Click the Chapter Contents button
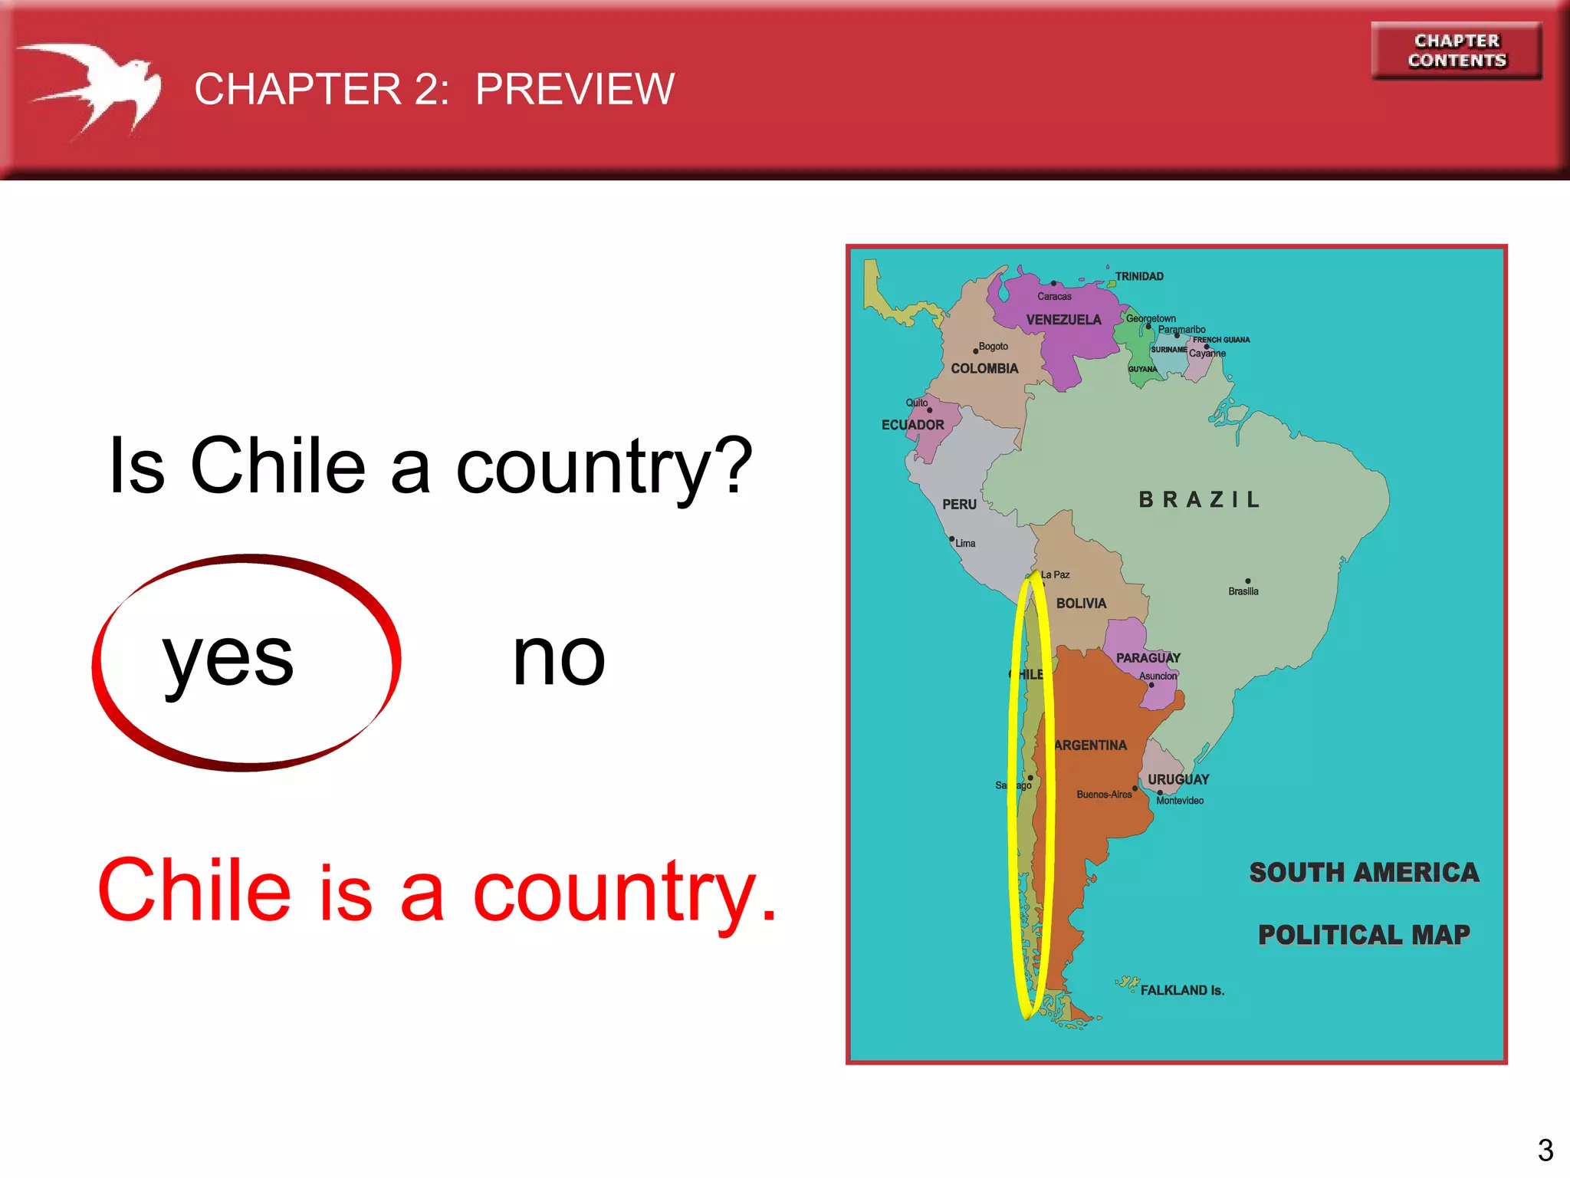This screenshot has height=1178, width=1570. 1457,51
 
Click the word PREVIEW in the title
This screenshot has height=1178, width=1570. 574,89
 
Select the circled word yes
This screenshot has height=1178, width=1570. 228,658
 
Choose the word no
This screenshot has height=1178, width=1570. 559,658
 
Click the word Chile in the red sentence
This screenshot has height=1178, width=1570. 195,891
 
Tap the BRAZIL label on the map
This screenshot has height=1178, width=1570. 1199,500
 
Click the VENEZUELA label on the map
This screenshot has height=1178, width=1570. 1063,320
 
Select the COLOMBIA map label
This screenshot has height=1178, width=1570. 984,369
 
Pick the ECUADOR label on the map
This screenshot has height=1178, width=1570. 912,425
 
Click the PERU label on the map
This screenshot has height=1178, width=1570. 959,505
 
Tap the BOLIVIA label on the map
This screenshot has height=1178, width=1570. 1081,604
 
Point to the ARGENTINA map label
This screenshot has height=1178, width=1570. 1090,745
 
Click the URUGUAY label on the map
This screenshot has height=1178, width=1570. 1178,779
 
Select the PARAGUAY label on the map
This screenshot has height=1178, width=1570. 1148,658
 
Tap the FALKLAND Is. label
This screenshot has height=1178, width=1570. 1182,990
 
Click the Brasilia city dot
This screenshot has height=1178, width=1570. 1248,581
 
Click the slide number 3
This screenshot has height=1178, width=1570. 1545,1150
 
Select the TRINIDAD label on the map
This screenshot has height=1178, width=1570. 1139,276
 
